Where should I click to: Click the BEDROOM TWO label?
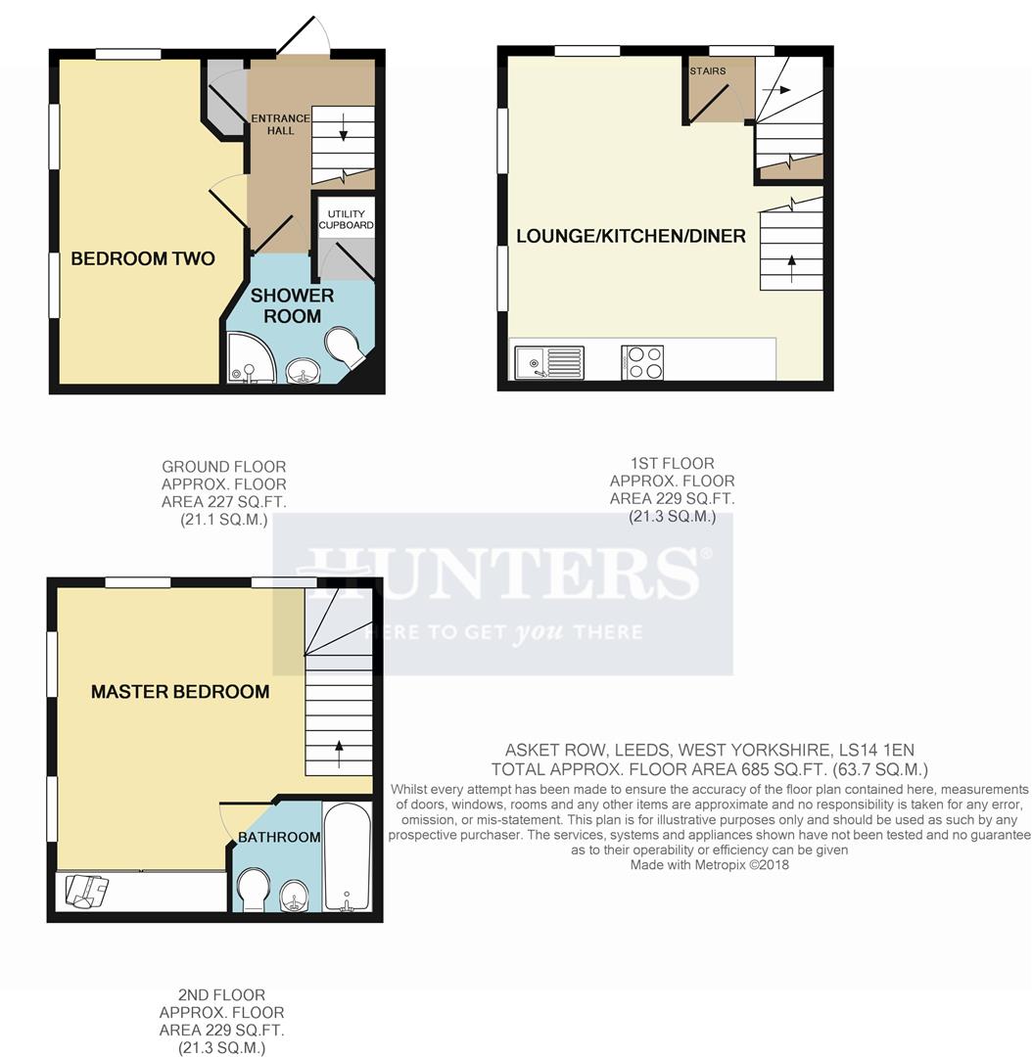[143, 259]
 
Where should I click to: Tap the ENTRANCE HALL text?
[280, 124]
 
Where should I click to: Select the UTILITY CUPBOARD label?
[346, 219]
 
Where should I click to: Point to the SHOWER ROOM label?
[292, 305]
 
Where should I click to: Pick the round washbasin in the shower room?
[302, 371]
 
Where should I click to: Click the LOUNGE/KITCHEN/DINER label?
[631, 236]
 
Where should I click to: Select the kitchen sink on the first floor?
[548, 362]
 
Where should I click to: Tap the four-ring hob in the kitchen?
[642, 362]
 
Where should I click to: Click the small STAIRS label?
[708, 71]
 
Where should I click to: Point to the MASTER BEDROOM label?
[180, 692]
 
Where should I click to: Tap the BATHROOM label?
[279, 837]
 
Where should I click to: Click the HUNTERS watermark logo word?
[502, 572]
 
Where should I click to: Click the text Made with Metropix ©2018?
[709, 865]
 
